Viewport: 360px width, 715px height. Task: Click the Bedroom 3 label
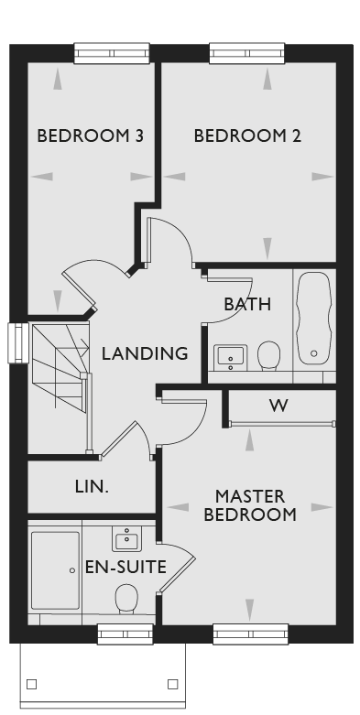tap(90, 135)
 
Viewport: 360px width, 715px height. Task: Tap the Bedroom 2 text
tap(247, 135)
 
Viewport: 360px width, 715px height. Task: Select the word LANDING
tap(145, 353)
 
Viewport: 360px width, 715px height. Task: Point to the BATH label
tap(247, 304)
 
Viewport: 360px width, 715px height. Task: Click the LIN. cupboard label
tap(92, 487)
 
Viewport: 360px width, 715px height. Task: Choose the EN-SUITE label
tap(125, 568)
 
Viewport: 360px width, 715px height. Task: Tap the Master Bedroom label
tap(250, 505)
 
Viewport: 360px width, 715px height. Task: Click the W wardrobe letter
tap(278, 405)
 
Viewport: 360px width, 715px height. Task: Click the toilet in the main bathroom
tap(268, 355)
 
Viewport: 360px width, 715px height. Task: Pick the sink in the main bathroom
tap(231, 357)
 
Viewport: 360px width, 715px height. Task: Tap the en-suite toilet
tap(126, 598)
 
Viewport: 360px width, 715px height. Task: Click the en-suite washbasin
tap(126, 538)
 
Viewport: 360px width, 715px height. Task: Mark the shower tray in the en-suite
tap(55, 570)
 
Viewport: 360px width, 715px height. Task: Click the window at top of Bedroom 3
tap(112, 53)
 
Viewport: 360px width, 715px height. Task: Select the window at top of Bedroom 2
tap(246, 53)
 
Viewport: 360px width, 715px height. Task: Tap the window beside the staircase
tap(18, 343)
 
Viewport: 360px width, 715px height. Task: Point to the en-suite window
tap(125, 634)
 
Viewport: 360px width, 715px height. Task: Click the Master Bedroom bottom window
tap(250, 634)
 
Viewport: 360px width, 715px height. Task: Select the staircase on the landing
tap(60, 387)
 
